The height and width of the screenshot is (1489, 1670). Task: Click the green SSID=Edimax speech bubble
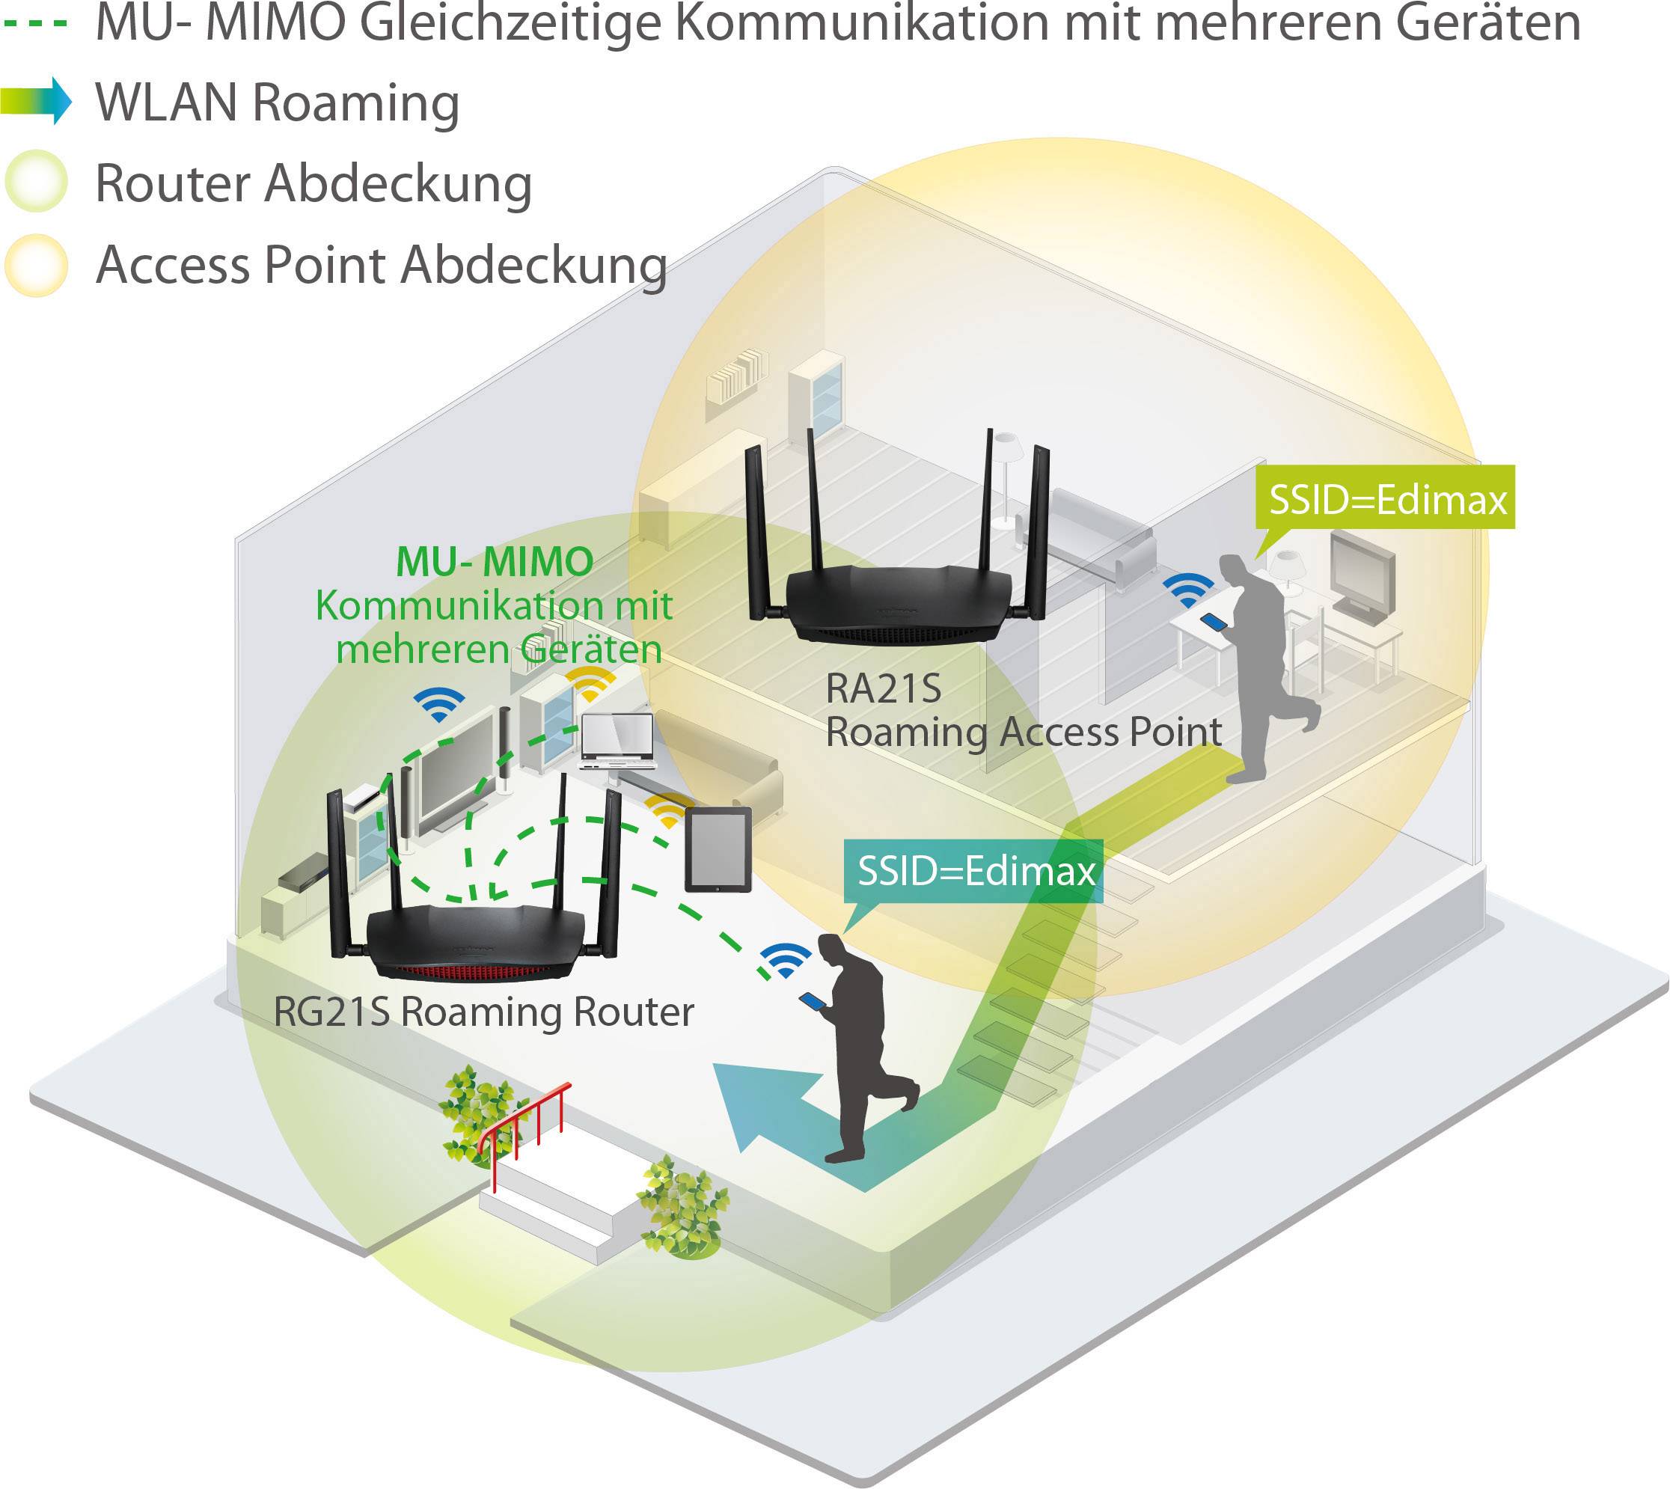1386,499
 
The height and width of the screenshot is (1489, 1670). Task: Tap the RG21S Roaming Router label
483,1012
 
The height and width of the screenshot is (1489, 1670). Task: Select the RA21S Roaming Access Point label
1023,711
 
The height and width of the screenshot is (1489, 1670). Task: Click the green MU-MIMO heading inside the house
495,562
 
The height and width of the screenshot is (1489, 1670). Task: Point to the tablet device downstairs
718,851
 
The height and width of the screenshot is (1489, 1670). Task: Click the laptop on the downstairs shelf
618,741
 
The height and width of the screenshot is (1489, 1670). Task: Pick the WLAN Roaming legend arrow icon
36,100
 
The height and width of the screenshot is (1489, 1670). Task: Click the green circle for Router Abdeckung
36,182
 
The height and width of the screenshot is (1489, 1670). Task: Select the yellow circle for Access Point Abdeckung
36,265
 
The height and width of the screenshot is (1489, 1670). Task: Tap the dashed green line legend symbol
36,23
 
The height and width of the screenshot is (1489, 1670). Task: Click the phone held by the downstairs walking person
813,1000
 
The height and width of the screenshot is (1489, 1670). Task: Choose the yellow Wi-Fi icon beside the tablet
667,810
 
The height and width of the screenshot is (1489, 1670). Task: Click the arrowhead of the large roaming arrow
757,1104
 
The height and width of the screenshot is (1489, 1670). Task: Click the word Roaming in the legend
356,103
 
